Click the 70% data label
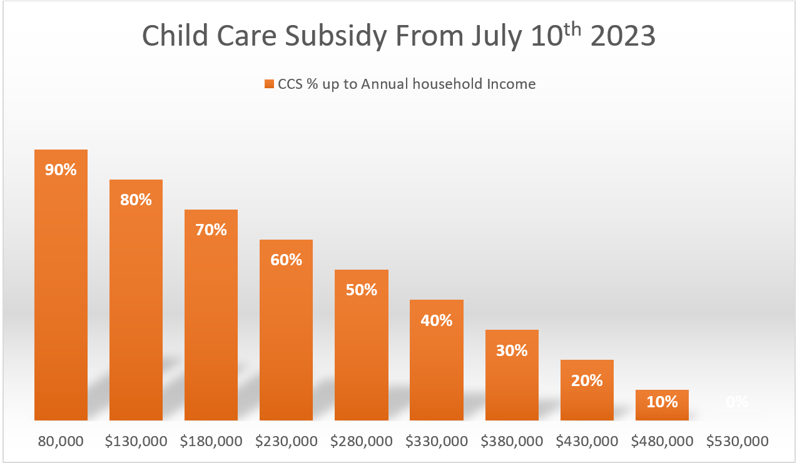coord(211,230)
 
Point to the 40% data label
coord(436,320)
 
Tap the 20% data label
coord(587,380)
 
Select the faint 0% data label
coord(737,402)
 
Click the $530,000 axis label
coord(737,441)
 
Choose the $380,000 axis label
coord(512,441)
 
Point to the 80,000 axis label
coord(61,441)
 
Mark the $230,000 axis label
coord(287,441)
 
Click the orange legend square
coord(269,84)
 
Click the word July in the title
coord(489,36)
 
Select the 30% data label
coord(512,350)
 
